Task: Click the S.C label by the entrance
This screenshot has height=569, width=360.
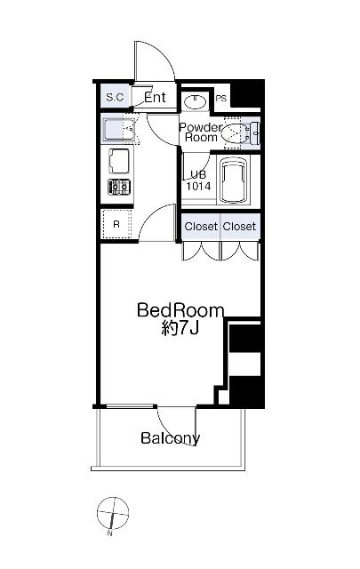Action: click(115, 97)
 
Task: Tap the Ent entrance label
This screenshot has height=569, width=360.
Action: click(155, 97)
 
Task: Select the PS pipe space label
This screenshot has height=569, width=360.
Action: click(221, 99)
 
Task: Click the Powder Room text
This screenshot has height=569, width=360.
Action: click(200, 132)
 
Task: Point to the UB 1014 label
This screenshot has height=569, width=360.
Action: click(198, 180)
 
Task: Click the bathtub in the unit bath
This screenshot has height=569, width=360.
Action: click(234, 180)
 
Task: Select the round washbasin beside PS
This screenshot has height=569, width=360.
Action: click(196, 100)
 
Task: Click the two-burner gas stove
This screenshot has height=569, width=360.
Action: click(119, 188)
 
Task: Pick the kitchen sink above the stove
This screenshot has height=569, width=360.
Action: click(119, 161)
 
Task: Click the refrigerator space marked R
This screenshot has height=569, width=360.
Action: click(116, 224)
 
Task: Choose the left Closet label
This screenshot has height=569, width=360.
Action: click(201, 227)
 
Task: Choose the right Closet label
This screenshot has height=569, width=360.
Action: click(239, 227)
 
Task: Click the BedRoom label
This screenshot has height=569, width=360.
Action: click(180, 311)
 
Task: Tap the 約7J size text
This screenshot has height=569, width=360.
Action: click(180, 328)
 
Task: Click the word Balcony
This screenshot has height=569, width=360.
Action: click(170, 438)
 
